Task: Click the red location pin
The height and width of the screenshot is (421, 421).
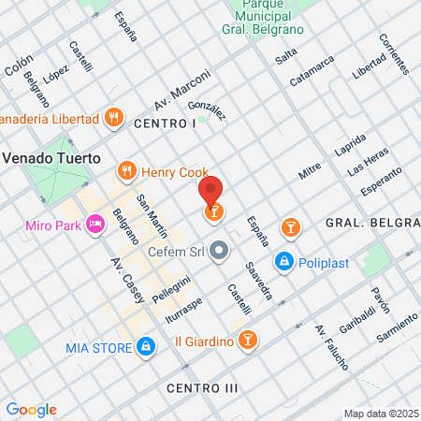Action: [x=212, y=191]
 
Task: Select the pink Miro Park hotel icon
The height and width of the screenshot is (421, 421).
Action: [x=94, y=225]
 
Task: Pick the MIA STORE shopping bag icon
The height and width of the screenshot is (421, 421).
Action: [x=145, y=347]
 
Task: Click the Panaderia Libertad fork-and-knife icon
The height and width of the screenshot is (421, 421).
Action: [x=113, y=118]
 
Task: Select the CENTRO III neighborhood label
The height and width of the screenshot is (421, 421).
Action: [x=203, y=387]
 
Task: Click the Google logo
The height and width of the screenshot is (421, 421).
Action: [x=31, y=409]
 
